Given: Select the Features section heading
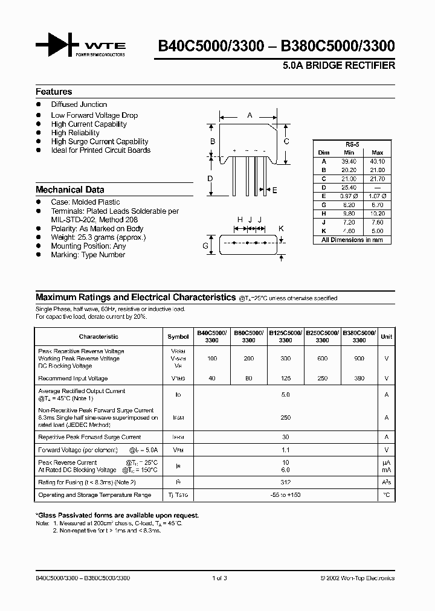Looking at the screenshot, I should [x=54, y=92].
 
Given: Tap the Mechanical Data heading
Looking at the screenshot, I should [x=69, y=189].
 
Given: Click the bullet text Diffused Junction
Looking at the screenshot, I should [x=79, y=104].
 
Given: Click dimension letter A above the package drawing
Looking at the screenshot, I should [x=250, y=115].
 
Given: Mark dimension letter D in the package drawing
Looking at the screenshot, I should [x=210, y=178].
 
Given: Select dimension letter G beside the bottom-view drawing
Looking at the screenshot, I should [x=205, y=246].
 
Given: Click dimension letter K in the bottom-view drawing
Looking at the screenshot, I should [x=281, y=228].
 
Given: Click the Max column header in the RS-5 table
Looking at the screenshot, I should [x=377, y=153].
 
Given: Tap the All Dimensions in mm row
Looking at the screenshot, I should [x=352, y=240].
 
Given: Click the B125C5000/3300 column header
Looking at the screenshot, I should [x=285, y=336].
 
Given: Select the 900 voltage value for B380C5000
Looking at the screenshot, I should [x=359, y=359].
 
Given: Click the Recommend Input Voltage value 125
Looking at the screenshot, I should [x=285, y=379].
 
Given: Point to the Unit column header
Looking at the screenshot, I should [x=386, y=336].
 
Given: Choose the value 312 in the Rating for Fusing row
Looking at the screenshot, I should [x=285, y=482].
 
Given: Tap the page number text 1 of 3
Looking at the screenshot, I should [x=219, y=578].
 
